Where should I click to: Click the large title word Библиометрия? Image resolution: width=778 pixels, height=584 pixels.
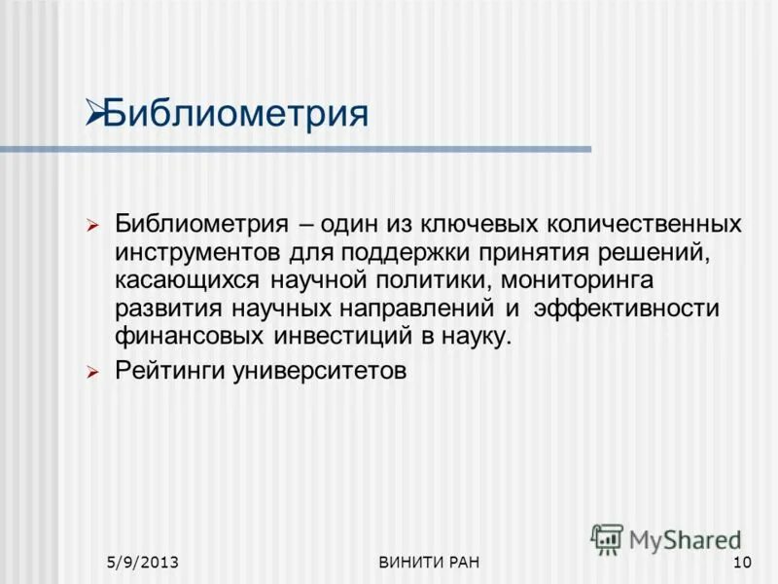235,113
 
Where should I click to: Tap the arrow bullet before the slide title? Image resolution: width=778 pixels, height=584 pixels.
94,113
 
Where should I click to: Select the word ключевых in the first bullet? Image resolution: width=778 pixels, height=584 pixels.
465,225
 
